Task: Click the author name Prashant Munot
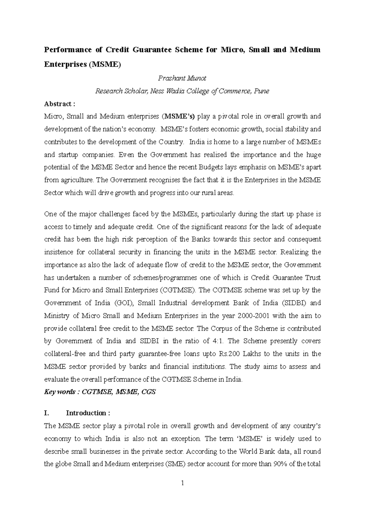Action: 182,78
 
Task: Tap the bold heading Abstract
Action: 59,104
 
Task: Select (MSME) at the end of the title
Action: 104,65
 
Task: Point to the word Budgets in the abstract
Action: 210,167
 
